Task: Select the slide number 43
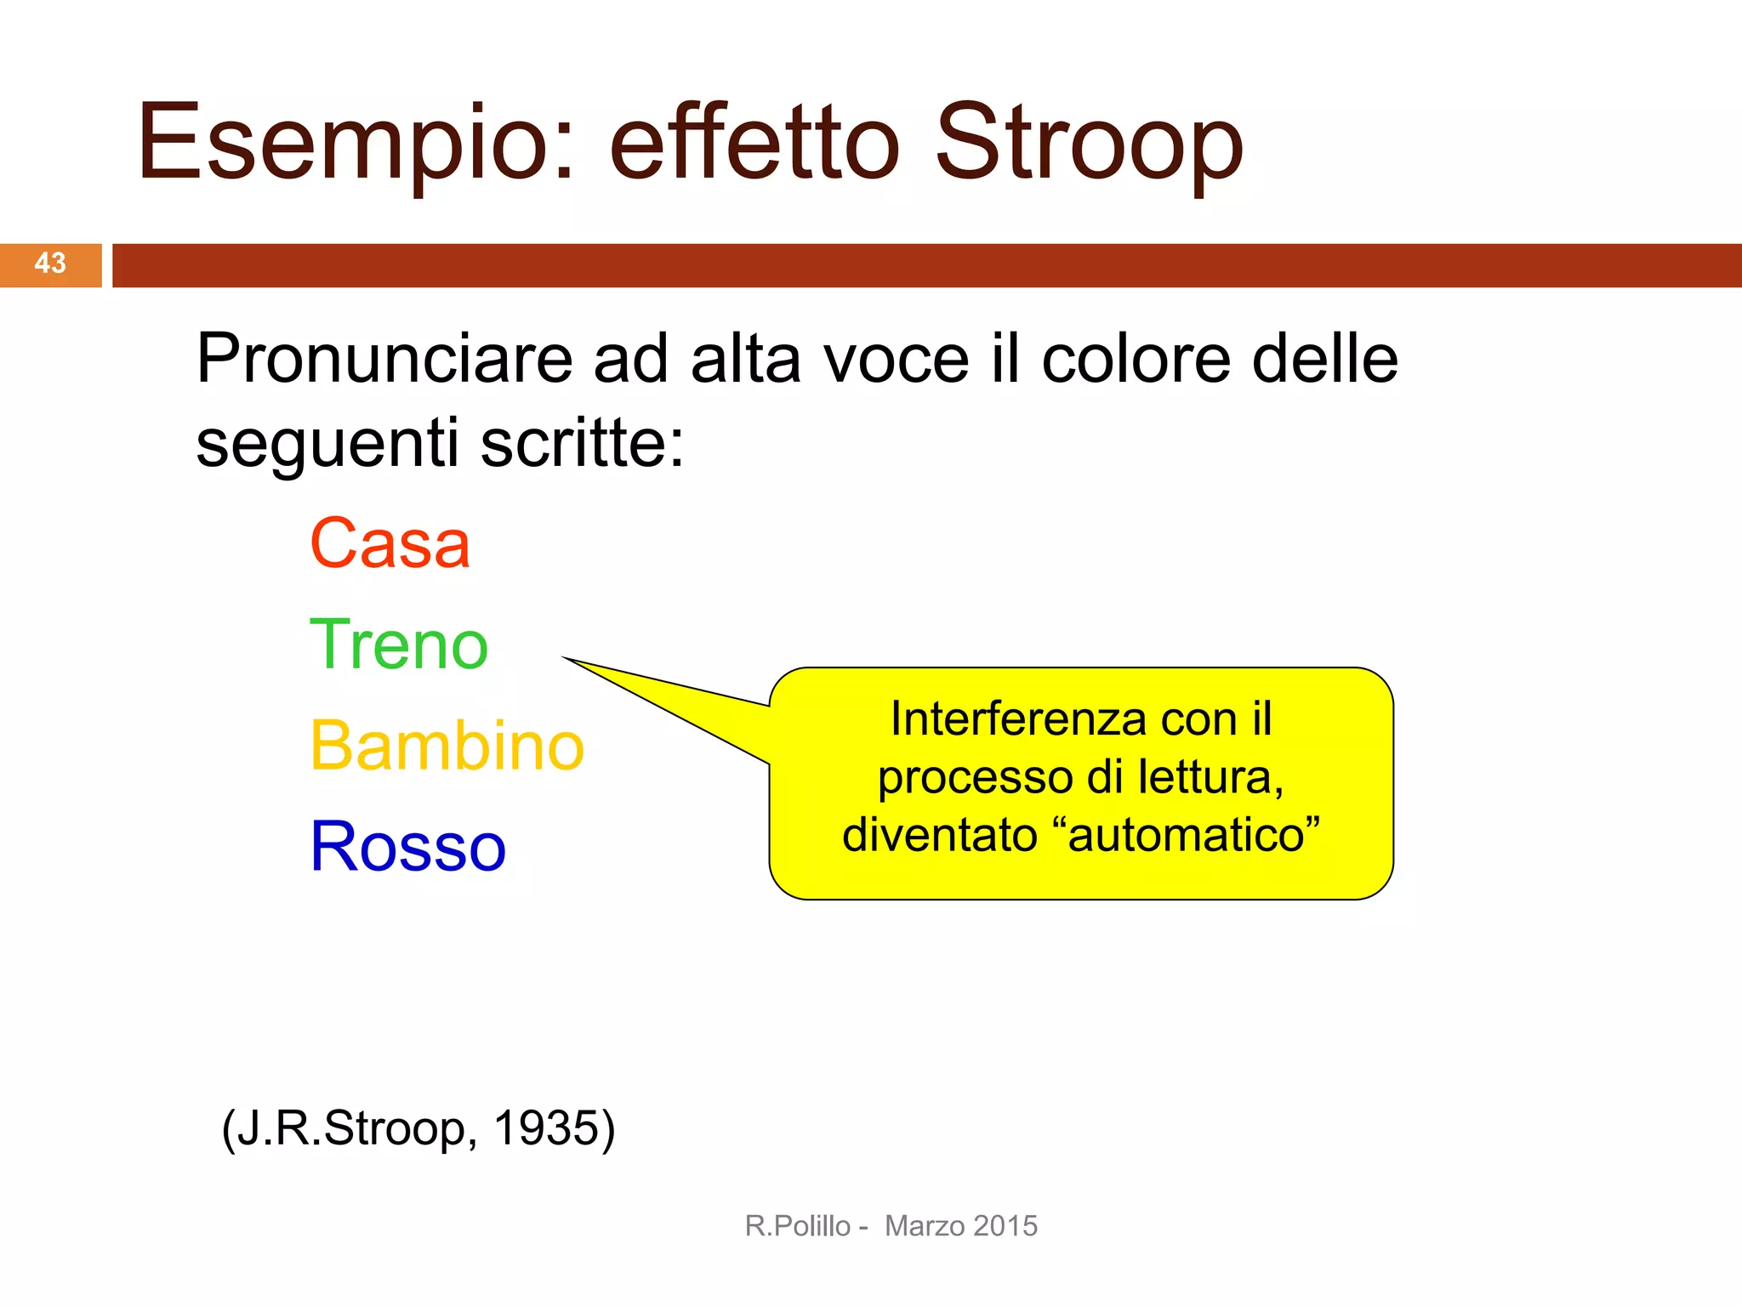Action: [x=50, y=264]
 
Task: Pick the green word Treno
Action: [x=399, y=644]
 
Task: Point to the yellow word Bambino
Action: [x=447, y=746]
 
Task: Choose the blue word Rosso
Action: [x=408, y=847]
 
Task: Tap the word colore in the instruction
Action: [x=1136, y=359]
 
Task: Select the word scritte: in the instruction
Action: [x=583, y=443]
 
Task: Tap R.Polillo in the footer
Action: [x=797, y=1226]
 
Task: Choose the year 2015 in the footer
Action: [x=1005, y=1226]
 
